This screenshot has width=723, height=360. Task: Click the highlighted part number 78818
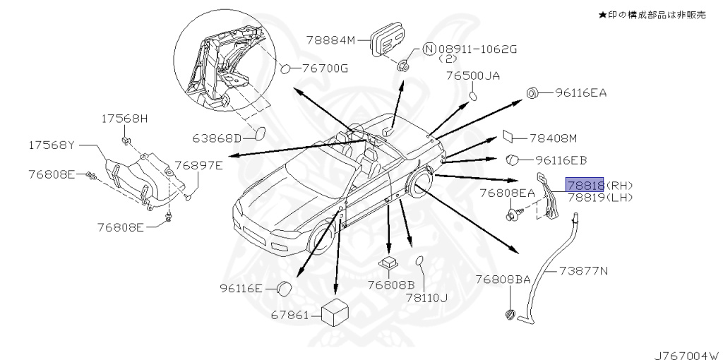coord(584,185)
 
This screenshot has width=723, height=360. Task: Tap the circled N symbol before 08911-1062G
coord(429,49)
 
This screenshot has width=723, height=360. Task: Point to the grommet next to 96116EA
coord(534,92)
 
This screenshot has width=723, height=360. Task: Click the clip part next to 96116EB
coord(513,160)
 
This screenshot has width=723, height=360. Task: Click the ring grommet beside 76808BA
coord(509,314)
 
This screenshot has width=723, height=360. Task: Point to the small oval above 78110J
coord(419,262)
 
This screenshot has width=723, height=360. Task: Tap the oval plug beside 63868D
coord(258,135)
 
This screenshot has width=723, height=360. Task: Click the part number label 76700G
coord(325,68)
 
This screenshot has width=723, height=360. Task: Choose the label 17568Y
coord(51,145)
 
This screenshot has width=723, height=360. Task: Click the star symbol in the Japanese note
coord(602,14)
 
